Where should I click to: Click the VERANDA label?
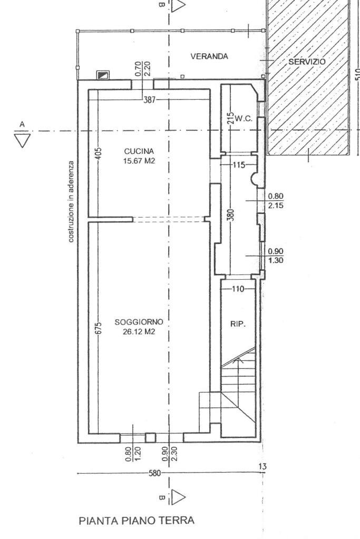[x=209, y=57]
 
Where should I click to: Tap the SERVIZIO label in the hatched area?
[x=307, y=62]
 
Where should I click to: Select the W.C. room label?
[x=244, y=119]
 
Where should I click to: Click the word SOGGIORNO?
[x=134, y=321]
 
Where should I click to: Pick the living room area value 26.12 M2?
[x=134, y=331]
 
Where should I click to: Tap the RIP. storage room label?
[x=238, y=325]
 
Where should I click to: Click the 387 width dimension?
[x=150, y=99]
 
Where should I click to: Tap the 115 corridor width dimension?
[x=239, y=165]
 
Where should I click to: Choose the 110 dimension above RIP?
[x=239, y=289]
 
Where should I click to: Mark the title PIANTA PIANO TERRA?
[x=137, y=521]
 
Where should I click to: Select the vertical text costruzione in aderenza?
[x=70, y=202]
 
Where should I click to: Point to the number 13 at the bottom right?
[x=263, y=466]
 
